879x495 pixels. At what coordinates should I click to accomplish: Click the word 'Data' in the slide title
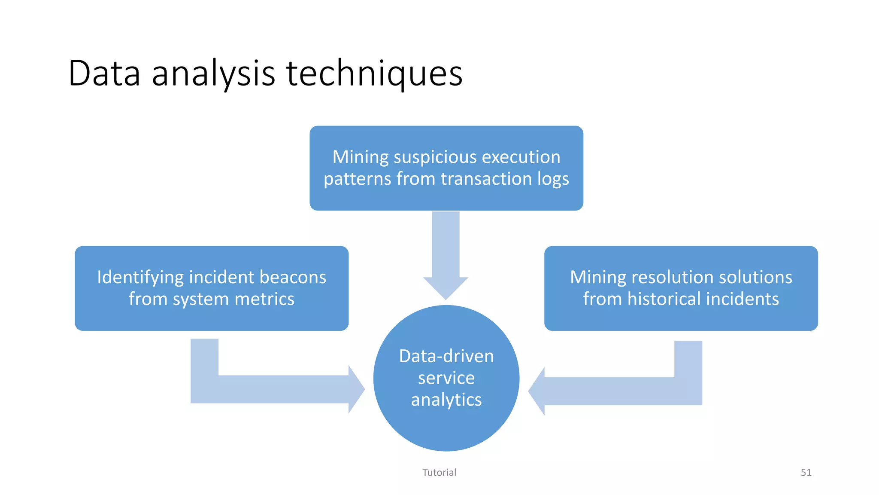pos(104,73)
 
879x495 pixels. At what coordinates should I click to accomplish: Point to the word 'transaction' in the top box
pos(486,179)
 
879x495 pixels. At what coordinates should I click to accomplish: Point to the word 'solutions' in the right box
pos(755,277)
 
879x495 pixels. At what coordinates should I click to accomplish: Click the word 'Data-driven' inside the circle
pos(446,356)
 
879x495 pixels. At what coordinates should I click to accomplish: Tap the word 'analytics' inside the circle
pos(446,400)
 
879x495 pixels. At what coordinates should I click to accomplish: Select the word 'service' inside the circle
pos(446,378)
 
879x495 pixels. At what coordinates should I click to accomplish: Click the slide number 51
pos(806,473)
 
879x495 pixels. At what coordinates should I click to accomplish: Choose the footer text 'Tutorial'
pos(439,473)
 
